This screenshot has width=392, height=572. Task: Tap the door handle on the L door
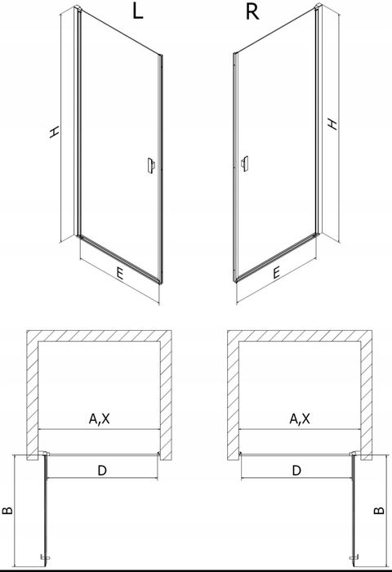[x=151, y=167]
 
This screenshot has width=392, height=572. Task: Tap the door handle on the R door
[x=245, y=163]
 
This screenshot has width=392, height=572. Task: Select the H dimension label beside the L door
[x=54, y=132]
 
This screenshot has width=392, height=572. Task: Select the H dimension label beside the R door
[x=332, y=123]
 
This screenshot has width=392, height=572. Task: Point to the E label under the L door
[x=119, y=274]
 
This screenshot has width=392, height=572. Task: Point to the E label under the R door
[x=276, y=272]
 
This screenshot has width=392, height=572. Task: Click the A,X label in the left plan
[x=99, y=418]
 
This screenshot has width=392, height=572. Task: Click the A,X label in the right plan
[x=300, y=418]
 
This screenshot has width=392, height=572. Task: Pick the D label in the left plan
[x=102, y=471]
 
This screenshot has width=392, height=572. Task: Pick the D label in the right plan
[x=296, y=471]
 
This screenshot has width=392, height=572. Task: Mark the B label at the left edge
[x=7, y=510]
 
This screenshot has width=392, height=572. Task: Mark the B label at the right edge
[x=379, y=510]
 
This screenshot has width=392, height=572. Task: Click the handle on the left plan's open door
[x=45, y=557]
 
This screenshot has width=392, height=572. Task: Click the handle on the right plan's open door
[x=354, y=558]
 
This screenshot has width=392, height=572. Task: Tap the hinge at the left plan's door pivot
[x=44, y=454]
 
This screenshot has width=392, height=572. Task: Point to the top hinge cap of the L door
[x=78, y=7]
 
